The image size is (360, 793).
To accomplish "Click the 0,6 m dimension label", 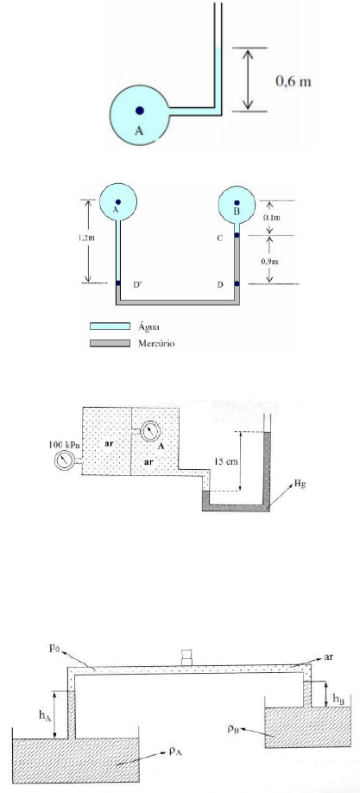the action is [x=294, y=80].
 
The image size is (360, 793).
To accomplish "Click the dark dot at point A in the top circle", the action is [x=139, y=111].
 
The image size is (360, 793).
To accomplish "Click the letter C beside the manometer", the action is [x=220, y=238].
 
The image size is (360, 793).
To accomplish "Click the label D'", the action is [x=137, y=285].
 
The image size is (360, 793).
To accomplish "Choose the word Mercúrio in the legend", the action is [x=156, y=343].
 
